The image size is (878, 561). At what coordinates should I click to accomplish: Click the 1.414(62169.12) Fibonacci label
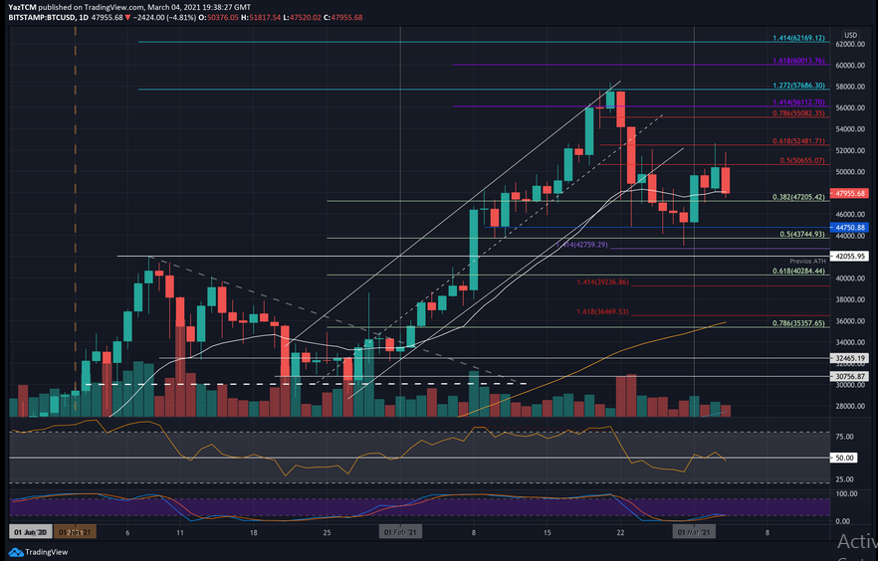[x=799, y=38]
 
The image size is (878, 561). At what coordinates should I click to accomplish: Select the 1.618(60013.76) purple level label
[x=799, y=61]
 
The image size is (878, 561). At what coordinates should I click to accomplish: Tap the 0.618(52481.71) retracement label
[x=799, y=141]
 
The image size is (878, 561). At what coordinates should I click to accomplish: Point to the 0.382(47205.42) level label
[x=799, y=197]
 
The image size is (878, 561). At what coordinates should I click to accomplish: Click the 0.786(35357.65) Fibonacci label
[x=799, y=323]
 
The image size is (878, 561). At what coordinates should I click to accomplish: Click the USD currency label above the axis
[x=851, y=34]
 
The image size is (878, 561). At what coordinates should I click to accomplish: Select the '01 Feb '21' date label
[x=400, y=533]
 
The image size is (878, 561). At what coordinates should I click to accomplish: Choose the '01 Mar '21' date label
[x=694, y=533]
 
